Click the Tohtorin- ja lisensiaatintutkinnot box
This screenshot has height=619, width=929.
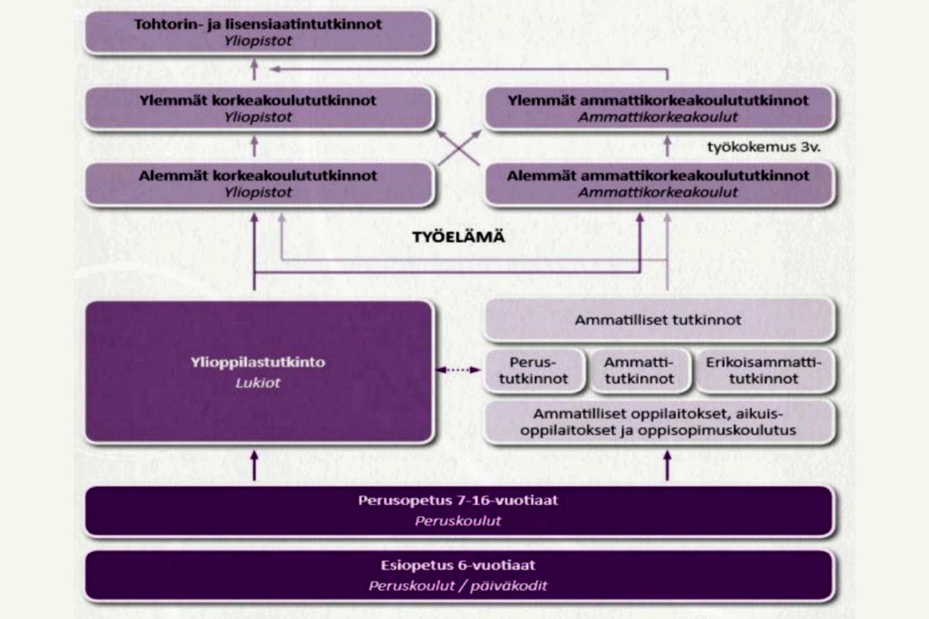pos(259,32)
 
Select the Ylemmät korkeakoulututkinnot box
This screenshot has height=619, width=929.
pos(259,108)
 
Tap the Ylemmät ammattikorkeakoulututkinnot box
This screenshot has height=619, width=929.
pos(660,108)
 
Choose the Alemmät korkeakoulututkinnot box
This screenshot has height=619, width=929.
pos(259,184)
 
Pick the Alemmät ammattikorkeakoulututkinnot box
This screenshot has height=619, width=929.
pos(660,184)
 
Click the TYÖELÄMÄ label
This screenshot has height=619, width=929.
pos(458,237)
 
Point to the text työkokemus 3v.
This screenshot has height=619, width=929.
pos(764,147)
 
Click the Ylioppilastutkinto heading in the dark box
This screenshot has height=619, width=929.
pos(258,362)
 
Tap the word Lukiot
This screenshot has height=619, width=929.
pos(258,383)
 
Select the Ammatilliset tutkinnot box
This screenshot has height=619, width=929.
pos(660,320)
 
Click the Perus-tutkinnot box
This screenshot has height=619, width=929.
pos(534,370)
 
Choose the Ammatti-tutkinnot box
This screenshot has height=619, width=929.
pos(639,370)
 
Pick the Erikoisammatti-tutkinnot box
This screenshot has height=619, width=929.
pos(764,370)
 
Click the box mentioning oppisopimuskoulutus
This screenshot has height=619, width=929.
pos(660,422)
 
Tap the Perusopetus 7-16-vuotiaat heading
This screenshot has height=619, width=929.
pos(458,501)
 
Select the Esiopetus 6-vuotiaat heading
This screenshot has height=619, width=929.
pos(458,565)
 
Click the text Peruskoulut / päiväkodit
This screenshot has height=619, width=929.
pos(458,586)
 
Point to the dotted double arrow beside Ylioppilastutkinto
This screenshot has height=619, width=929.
pos(458,370)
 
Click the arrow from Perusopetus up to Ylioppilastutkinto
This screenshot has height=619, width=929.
pos(255,466)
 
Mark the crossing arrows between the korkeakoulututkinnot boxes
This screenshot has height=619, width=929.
pos(459,147)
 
